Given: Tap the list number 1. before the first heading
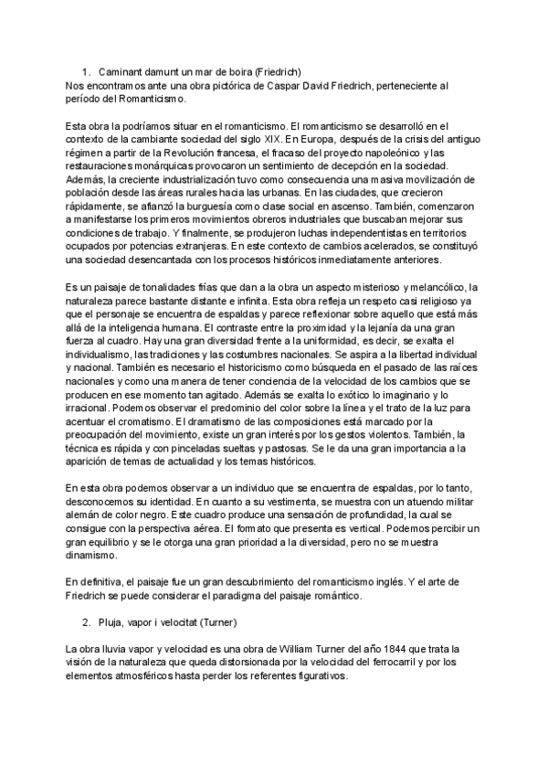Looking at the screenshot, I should pyautogui.click(x=86, y=71).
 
